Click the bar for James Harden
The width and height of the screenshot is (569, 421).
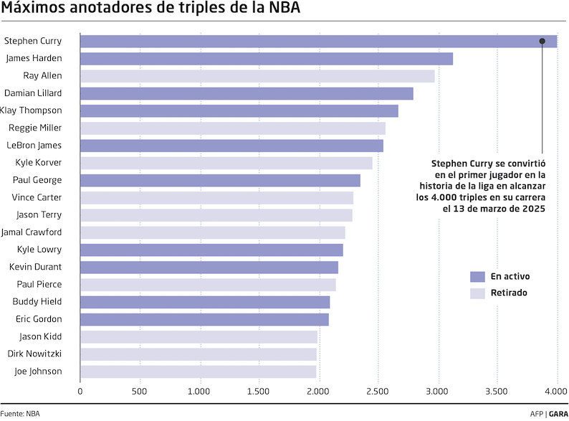click(266, 59)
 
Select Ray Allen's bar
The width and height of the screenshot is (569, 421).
click(257, 76)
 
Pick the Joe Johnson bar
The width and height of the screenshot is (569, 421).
click(198, 372)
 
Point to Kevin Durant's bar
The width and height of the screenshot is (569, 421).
click(209, 268)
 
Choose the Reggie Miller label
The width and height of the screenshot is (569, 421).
click(35, 128)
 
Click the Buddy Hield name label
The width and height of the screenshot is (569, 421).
click(39, 302)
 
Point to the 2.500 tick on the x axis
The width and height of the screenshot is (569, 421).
click(378, 392)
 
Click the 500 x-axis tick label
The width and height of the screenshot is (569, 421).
click(139, 392)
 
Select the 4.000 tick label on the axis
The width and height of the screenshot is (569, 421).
click(556, 392)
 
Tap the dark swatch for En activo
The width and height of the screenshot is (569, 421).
click(477, 276)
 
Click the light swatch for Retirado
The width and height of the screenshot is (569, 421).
click(477, 293)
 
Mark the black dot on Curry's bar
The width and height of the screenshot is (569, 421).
click(542, 42)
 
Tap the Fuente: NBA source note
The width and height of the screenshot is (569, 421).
click(20, 414)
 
